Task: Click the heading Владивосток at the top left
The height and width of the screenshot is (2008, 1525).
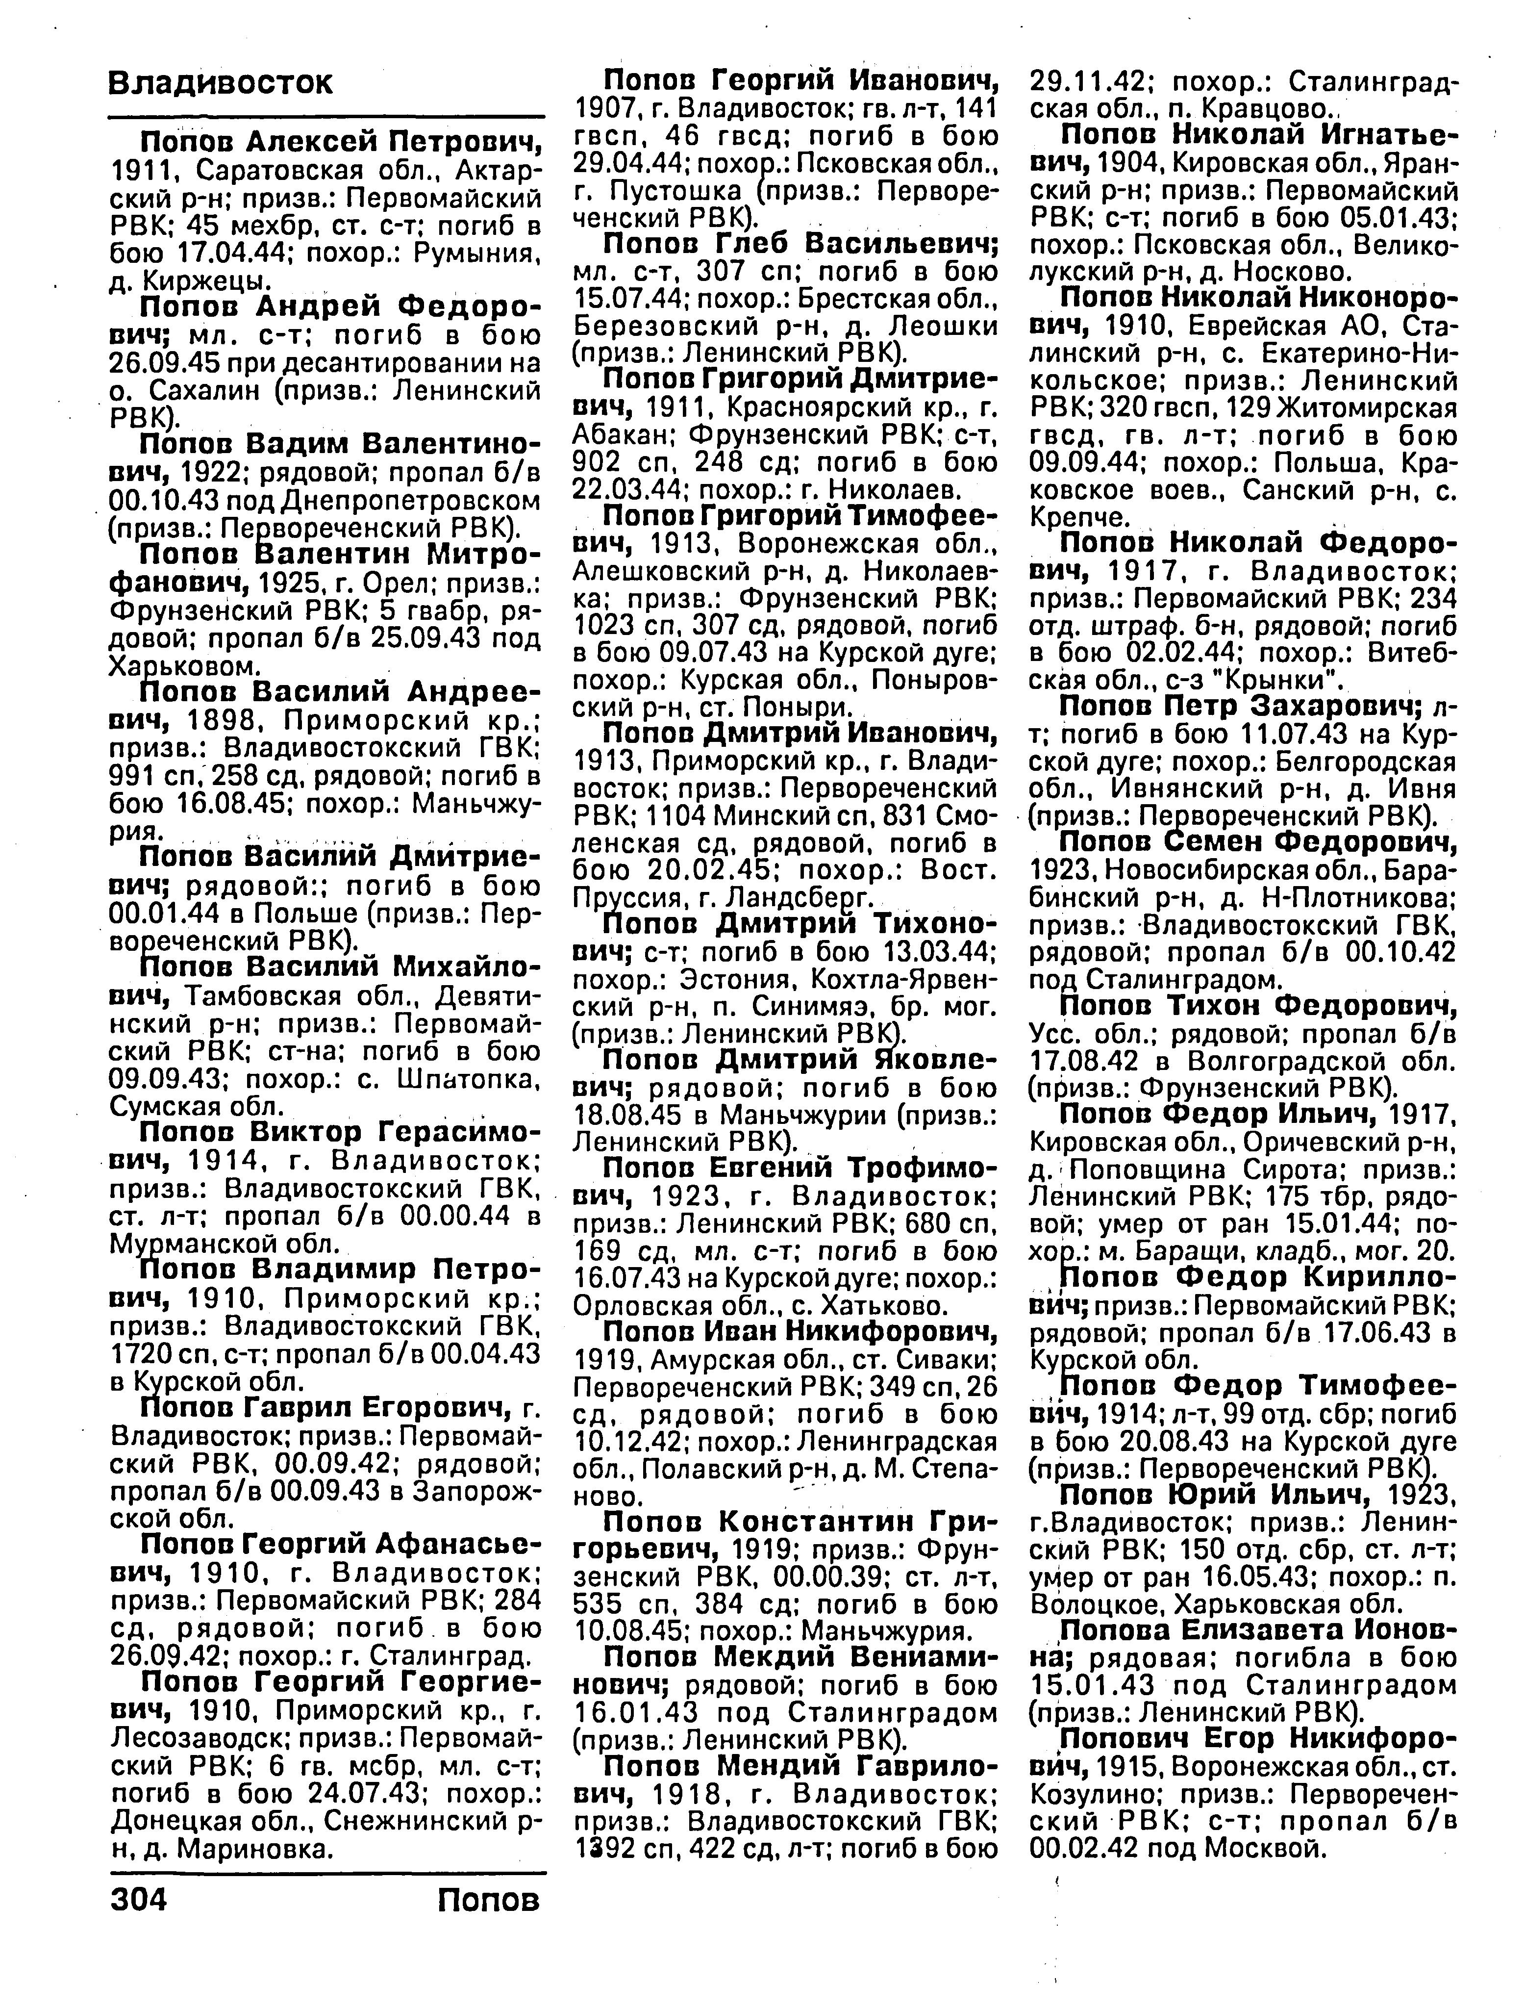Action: (221, 83)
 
